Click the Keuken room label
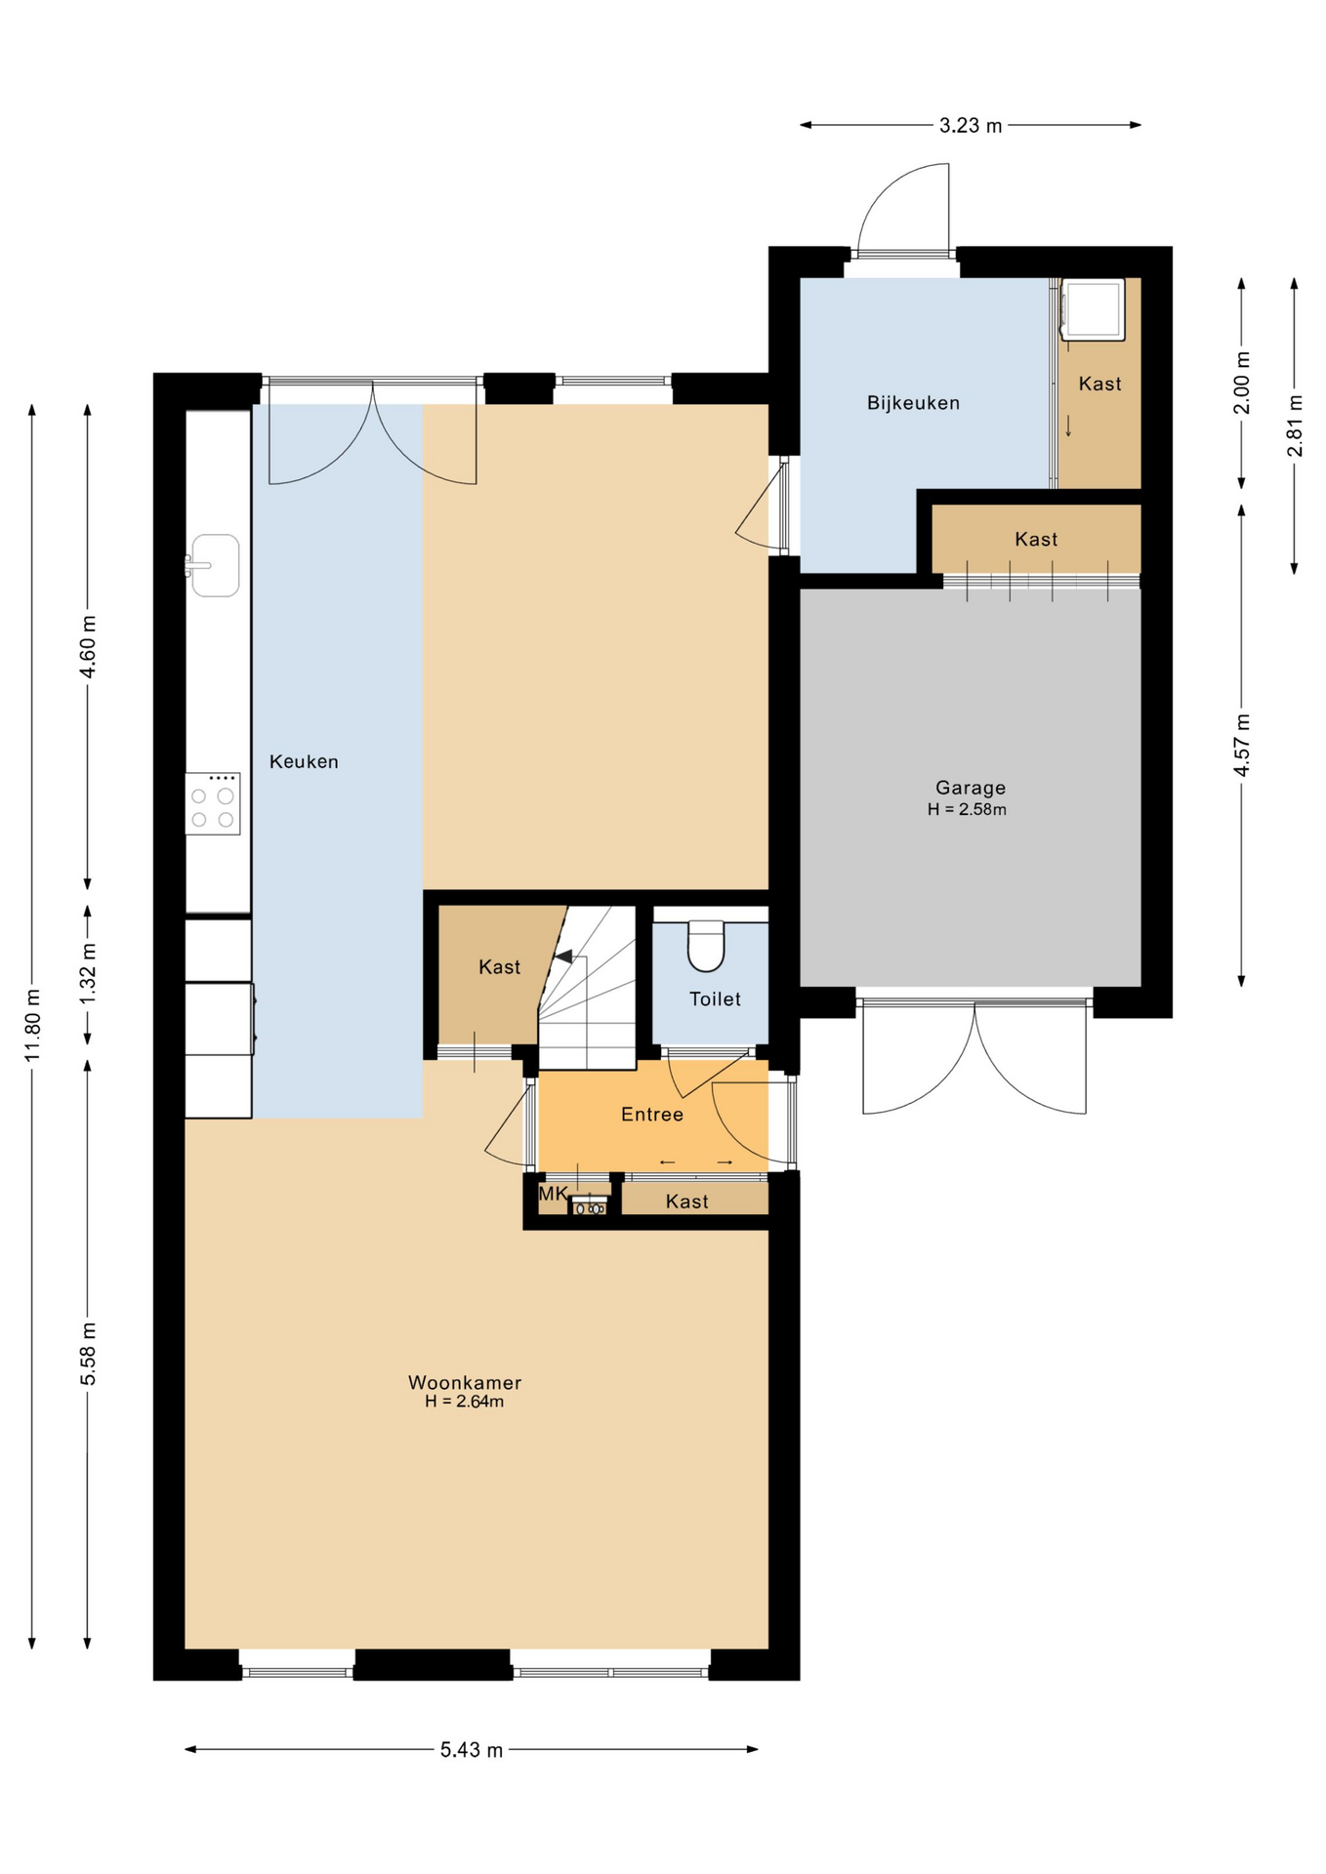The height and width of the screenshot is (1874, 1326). click(x=304, y=761)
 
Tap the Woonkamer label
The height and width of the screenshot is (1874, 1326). click(x=465, y=1382)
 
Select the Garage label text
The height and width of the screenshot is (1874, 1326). click(x=971, y=788)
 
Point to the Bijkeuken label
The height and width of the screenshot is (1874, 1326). click(x=913, y=402)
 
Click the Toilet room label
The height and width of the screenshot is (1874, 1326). click(x=715, y=998)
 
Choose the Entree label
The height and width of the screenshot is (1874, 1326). click(x=652, y=1114)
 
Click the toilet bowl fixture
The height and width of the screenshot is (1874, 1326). click(x=706, y=946)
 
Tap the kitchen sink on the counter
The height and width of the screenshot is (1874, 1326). click(x=214, y=565)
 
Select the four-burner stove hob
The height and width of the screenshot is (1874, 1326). click(x=213, y=803)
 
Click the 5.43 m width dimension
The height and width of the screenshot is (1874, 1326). click(x=472, y=1750)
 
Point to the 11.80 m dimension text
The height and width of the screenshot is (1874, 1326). click(x=33, y=1025)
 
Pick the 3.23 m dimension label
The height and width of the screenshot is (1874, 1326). click(x=971, y=125)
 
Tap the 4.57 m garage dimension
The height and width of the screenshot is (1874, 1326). click(x=1242, y=745)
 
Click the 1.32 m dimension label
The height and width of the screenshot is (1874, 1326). click(x=88, y=973)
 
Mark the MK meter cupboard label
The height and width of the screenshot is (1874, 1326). click(x=553, y=1194)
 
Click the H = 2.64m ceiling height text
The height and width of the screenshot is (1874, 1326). click(x=465, y=1402)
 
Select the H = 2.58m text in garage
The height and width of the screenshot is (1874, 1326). click(x=967, y=809)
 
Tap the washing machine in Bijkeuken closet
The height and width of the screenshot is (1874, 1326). click(x=1094, y=309)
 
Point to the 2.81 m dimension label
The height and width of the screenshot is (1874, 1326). click(x=1295, y=425)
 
